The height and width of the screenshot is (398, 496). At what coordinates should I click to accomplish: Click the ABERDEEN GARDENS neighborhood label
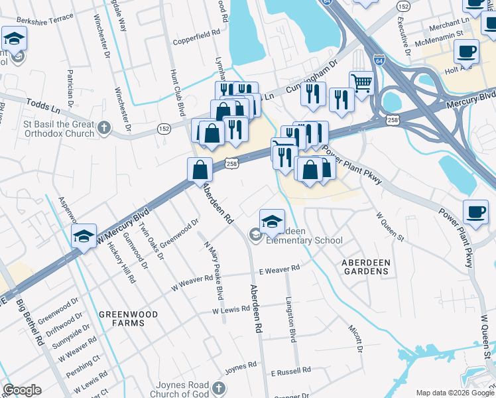[365, 267]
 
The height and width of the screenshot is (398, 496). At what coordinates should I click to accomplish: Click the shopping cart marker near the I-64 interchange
[361, 83]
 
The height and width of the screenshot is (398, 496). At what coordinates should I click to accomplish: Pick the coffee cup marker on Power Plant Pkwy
[475, 211]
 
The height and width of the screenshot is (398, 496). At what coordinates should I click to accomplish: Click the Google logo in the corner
[23, 390]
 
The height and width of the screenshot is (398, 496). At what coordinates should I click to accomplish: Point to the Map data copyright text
[454, 393]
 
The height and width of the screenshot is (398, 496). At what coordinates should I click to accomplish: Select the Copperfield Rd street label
[196, 41]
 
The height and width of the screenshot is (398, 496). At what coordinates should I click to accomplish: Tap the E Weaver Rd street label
[280, 269]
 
